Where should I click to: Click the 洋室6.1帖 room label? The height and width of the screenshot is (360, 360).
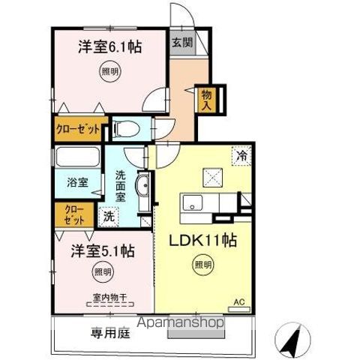pos(110,46)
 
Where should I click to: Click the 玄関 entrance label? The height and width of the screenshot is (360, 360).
pos(181,42)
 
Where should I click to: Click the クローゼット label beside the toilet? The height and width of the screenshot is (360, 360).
pos(77,129)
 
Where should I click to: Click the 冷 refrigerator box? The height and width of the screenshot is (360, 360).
pos(241,156)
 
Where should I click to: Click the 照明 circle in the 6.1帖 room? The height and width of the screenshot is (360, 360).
pos(110,73)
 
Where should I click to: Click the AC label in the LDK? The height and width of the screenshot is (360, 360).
pos(240,302)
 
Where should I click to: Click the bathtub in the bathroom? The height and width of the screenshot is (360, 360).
pos(76,158)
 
